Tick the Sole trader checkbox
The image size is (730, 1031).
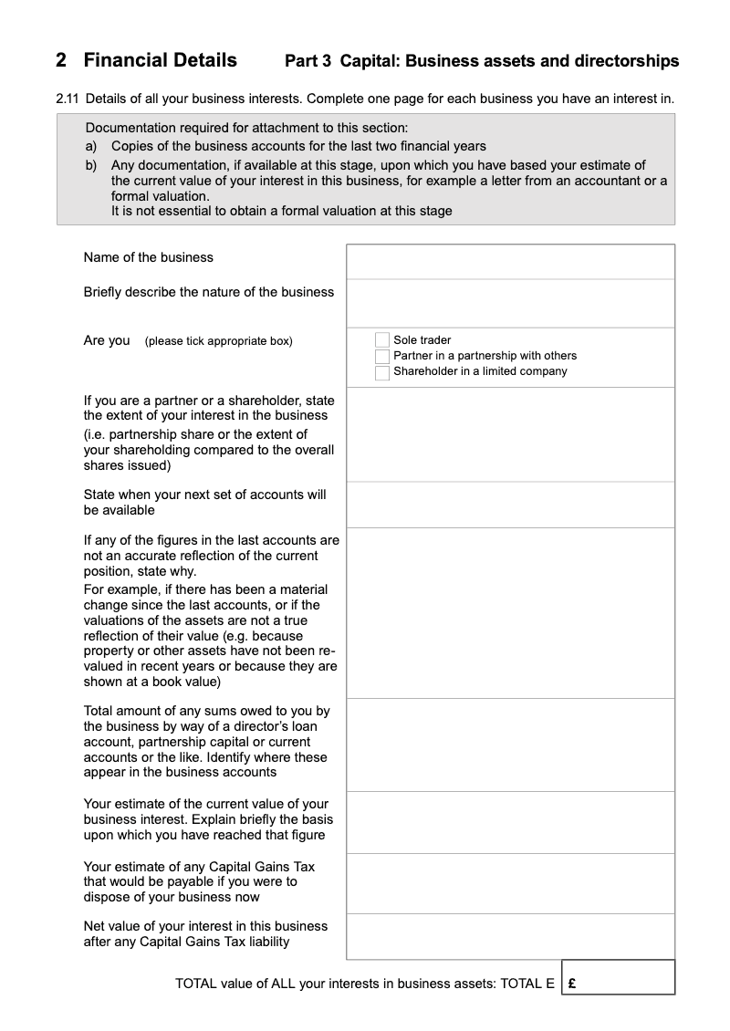382,340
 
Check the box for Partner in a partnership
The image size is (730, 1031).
382,356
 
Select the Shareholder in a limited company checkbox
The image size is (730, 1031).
382,372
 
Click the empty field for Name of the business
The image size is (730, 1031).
510,262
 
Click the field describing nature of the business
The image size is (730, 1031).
510,303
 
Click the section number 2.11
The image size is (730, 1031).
68,98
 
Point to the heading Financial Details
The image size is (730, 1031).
160,60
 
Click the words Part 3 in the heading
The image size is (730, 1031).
308,61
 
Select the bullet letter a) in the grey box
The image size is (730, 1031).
91,146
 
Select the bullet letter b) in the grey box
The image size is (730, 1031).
91,165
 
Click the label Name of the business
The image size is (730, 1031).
148,257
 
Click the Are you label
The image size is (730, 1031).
107,340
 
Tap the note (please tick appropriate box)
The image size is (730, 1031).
218,341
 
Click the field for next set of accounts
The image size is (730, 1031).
510,505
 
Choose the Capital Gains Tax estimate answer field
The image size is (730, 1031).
510,883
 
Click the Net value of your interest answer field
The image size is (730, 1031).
510,936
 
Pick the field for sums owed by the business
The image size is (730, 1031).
510,745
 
